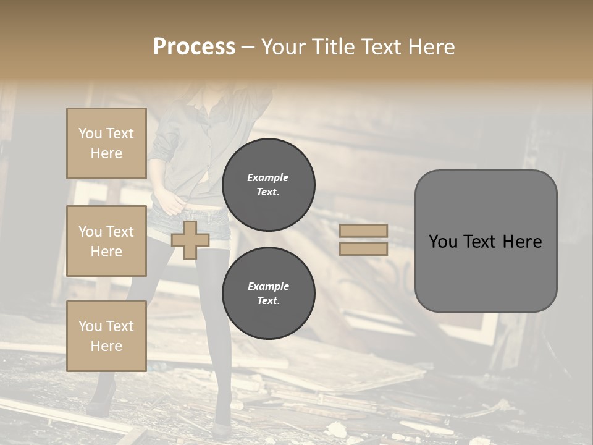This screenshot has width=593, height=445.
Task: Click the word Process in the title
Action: coord(194,47)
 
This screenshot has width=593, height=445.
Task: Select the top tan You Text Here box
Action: coord(106,143)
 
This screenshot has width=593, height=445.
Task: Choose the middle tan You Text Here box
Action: coord(106,241)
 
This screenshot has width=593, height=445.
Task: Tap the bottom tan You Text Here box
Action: coord(106,336)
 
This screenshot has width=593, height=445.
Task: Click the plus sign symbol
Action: coord(190,240)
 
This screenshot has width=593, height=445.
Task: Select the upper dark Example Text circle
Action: coord(269,185)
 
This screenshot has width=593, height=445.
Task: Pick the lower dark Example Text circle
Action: coord(269,294)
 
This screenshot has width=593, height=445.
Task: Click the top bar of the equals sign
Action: coord(363,231)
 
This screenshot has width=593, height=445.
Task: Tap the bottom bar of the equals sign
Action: coord(363,249)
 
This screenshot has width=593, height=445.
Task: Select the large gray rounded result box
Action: coord(486,241)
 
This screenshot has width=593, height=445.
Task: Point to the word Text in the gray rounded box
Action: coord(479,242)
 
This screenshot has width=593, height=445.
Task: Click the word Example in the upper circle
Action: coord(268,178)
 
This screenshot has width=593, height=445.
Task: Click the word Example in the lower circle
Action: coord(268,287)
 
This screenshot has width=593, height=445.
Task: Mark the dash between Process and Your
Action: coord(248,47)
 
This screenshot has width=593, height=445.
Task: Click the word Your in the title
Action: coord(281,47)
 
